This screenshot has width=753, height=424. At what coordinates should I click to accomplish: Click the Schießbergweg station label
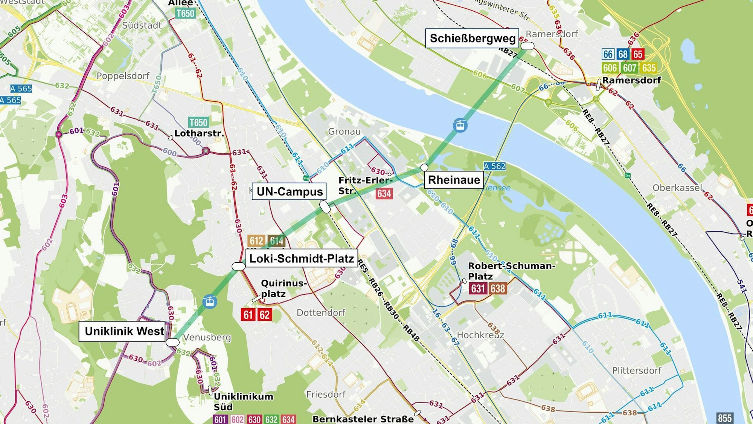pyautogui.click(x=472, y=38)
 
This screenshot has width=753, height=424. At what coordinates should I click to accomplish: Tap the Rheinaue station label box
pyautogui.click(x=454, y=180)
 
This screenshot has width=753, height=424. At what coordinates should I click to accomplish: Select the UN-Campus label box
pyautogui.click(x=289, y=191)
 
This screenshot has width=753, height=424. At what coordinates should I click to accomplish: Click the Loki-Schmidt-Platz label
pyautogui.click(x=302, y=259)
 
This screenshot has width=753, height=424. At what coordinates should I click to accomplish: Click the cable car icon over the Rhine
pyautogui.click(x=460, y=125)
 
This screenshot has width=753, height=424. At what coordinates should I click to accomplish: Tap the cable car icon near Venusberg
pyautogui.click(x=210, y=302)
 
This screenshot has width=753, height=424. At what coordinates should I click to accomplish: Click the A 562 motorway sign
pyautogui.click(x=494, y=166)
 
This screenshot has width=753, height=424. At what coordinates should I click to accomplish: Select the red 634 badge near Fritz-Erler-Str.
pyautogui.click(x=384, y=194)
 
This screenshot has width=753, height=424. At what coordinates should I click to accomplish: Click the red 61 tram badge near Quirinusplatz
pyautogui.click(x=248, y=315)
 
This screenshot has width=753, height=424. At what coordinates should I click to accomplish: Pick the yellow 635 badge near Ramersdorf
pyautogui.click(x=649, y=68)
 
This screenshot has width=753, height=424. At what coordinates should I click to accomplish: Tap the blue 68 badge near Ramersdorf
pyautogui.click(x=623, y=54)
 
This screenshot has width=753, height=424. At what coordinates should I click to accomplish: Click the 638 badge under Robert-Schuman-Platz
pyautogui.click(x=498, y=289)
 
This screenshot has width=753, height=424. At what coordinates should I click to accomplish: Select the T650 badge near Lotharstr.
pyautogui.click(x=198, y=122)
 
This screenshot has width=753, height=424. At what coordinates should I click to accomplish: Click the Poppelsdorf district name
pyautogui.click(x=123, y=76)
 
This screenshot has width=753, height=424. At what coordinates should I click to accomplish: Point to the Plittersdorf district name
pyautogui.click(x=636, y=370)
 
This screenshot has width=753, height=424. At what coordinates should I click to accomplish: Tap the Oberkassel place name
pyautogui.click(x=677, y=188)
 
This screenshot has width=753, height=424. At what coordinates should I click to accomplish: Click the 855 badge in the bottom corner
pyautogui.click(x=724, y=418)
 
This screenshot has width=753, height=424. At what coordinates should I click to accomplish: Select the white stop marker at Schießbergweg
pyautogui.click(x=527, y=46)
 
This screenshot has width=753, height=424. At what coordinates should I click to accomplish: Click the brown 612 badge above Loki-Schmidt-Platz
pyautogui.click(x=256, y=241)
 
